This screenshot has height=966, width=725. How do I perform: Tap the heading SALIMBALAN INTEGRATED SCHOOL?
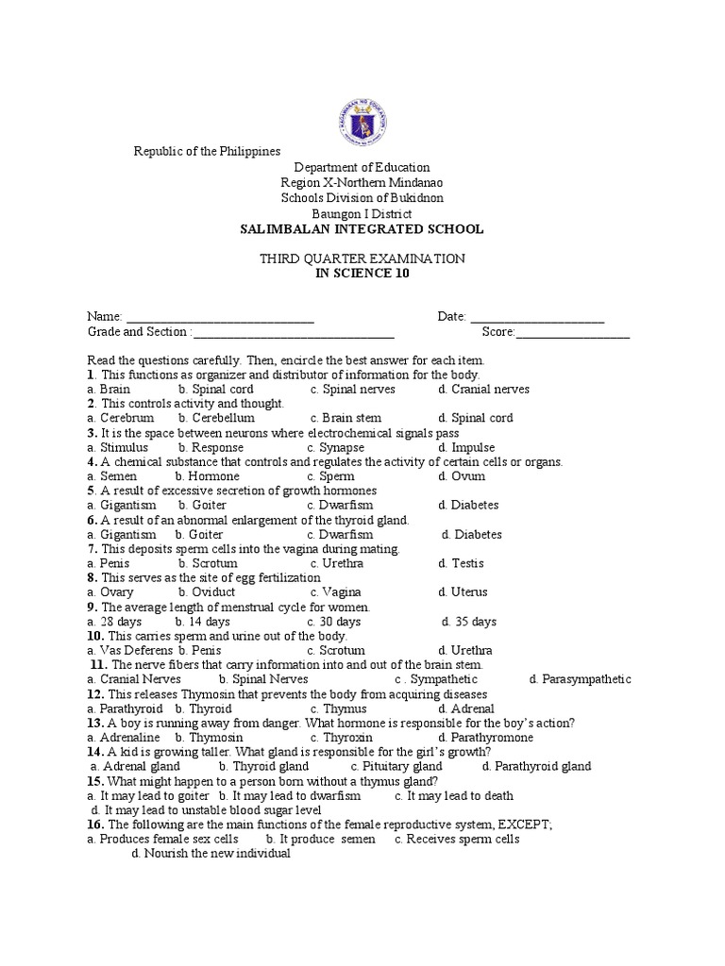pos(362,229)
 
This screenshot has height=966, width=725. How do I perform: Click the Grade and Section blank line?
pos(293,333)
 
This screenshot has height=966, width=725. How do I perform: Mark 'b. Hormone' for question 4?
pos(209,476)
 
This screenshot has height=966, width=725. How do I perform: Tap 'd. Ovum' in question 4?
pos(462,476)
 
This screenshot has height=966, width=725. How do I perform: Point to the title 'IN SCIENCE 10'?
pos(362,274)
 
